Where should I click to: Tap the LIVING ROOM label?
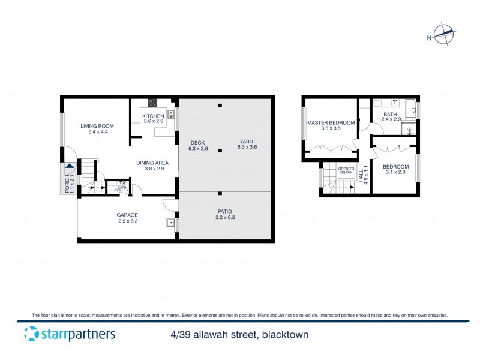pyautogui.click(x=97, y=126)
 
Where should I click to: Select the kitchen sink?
pyautogui.click(x=170, y=114)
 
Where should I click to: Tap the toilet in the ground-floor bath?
pyautogui.click(x=112, y=188)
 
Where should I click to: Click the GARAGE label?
pyautogui.click(x=127, y=215)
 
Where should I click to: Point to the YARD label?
pyautogui.click(x=246, y=142)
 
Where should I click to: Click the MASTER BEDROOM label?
pyautogui.click(x=331, y=122)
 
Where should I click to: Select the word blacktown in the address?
pyautogui.click(x=284, y=335)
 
